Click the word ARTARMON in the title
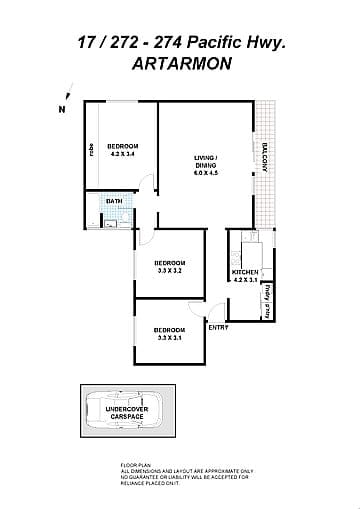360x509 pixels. tap(180, 62)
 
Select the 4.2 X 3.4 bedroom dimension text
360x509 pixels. tap(122, 155)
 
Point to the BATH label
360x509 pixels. tap(114, 201)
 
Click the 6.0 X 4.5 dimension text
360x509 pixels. tap(206, 174)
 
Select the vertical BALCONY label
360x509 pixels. tap(265, 160)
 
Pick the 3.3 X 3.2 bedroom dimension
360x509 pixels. tap(170, 270)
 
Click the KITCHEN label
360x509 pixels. tap(245, 272)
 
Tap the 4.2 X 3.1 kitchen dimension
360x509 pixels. tap(245, 280)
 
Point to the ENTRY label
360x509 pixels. tap(217, 327)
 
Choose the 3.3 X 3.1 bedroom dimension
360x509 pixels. tap(170, 337)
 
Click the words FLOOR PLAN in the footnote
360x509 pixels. tap(133, 466)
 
